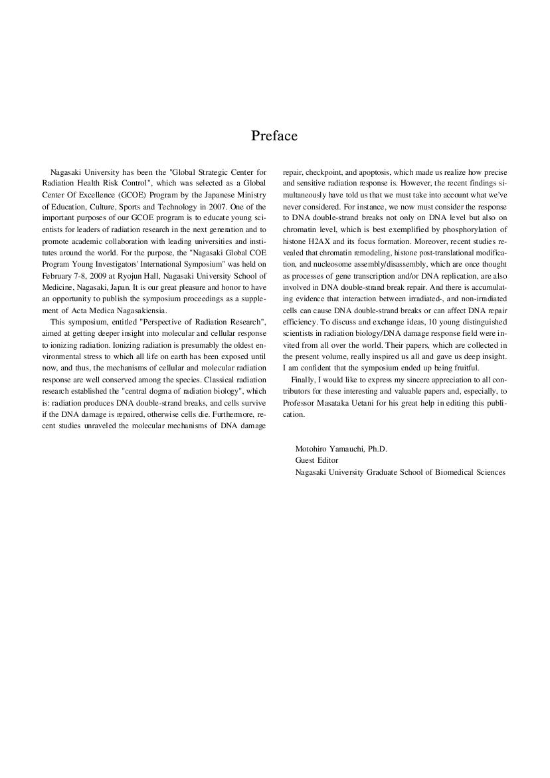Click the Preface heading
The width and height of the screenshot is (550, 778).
tap(274, 136)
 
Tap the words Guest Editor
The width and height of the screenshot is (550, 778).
tap(317, 460)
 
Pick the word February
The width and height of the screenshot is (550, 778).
tap(58, 275)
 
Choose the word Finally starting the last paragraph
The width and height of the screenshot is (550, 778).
tap(304, 380)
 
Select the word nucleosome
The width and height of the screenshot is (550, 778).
tap(326, 265)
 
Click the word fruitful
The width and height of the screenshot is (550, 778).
tap(463, 368)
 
